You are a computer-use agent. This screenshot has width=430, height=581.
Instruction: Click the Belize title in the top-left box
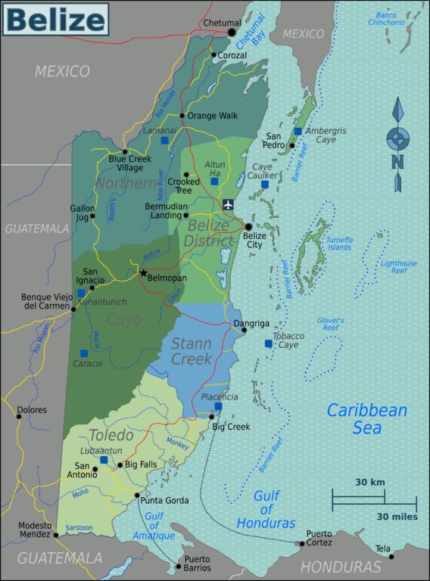click(55, 20)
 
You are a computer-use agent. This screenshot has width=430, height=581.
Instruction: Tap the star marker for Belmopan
click(142, 273)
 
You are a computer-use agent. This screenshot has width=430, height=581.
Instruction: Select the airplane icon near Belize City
click(229, 204)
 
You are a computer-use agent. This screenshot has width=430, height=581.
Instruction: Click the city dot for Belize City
click(248, 226)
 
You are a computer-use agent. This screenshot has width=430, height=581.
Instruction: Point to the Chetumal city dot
click(232, 33)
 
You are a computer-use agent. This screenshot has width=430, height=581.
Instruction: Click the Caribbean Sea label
click(366, 419)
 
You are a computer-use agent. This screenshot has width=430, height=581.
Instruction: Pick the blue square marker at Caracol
click(84, 353)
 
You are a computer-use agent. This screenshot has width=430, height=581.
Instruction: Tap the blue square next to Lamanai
click(164, 141)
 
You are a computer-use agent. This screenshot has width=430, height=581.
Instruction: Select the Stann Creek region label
click(191, 351)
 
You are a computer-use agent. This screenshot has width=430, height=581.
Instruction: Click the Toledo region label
click(111, 436)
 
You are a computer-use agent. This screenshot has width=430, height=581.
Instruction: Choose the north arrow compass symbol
click(397, 144)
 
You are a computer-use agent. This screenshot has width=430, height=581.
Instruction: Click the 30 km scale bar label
click(369, 482)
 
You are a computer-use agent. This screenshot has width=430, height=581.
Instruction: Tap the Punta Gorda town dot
click(137, 496)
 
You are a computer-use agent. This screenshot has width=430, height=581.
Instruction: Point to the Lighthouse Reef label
click(398, 267)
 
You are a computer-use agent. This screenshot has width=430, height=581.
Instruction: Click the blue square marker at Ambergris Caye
click(298, 131)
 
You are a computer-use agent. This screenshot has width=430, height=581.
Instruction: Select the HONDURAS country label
click(340, 567)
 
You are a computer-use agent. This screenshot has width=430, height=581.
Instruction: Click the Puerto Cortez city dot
click(302, 543)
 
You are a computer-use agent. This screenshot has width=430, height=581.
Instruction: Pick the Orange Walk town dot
click(182, 116)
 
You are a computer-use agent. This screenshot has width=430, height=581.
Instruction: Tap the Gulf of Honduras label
click(266, 509)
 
